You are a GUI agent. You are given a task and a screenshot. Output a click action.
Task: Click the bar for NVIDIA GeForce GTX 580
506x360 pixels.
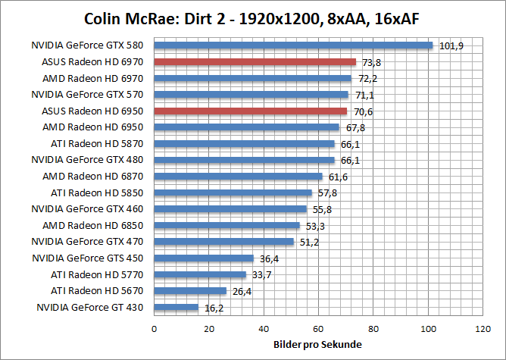click(x=293, y=45)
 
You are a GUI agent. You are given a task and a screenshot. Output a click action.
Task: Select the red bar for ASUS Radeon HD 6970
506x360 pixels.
click(x=255, y=62)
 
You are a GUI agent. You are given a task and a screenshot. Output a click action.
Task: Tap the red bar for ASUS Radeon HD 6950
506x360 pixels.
click(x=250, y=111)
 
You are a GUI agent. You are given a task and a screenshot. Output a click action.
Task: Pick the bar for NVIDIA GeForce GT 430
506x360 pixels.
click(x=176, y=307)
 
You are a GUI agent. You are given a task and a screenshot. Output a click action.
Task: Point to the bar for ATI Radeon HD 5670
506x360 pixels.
click(x=190, y=290)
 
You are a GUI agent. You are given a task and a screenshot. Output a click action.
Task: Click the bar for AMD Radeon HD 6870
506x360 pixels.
click(x=238, y=177)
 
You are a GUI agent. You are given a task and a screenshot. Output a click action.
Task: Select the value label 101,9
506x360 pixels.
click(x=451, y=46)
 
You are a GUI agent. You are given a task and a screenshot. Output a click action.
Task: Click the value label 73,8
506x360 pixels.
click(x=370, y=63)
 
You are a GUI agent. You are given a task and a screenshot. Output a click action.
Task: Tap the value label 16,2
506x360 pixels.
click(x=213, y=308)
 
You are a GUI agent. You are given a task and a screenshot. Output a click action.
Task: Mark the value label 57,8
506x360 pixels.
click(x=326, y=193)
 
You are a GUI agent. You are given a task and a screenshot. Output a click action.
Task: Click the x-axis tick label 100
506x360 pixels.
click(x=429, y=329)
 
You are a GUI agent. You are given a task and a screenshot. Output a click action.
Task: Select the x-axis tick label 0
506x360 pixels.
click(x=155, y=329)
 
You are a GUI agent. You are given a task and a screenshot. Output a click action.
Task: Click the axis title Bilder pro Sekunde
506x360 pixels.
click(x=317, y=345)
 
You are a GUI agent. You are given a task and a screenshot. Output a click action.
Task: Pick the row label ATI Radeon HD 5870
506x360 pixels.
click(x=97, y=143)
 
